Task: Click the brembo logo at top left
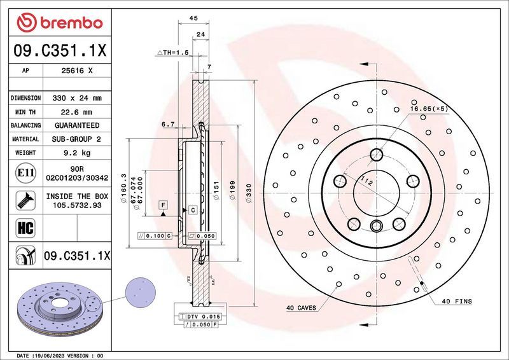pos(60,23)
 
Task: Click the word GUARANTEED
pos(78,125)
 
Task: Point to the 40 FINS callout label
pos(456,301)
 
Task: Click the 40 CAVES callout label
pos(302,308)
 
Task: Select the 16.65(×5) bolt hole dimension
pos(429,109)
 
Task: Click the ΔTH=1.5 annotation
pos(172,53)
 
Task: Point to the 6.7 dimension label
pos(168,125)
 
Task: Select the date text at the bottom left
pos(60,355)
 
